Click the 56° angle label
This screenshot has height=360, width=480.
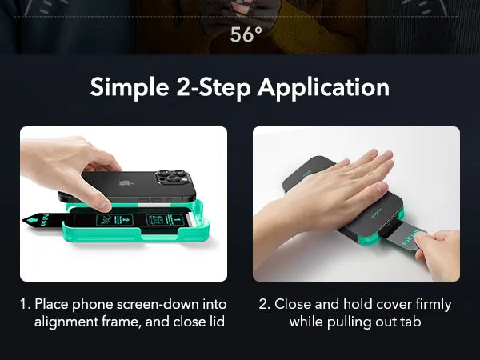pos(246,34)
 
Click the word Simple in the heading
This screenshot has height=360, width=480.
pos(130,88)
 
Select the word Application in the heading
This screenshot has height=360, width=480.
pos(323,88)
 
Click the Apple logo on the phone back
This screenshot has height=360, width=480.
pos(124,183)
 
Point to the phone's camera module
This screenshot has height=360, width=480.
pos(171,178)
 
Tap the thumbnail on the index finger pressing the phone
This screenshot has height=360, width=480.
pos(105,206)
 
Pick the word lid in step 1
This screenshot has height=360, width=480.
pos(217,322)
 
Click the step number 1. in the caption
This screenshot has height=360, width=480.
pos(26,304)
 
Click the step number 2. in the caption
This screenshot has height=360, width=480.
pos(265,304)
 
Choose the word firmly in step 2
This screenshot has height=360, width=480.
pos(433,305)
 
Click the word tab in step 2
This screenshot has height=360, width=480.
pos(410,322)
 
